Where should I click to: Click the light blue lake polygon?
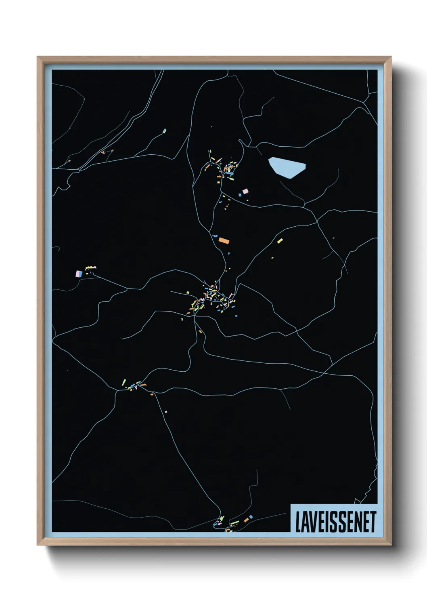286,167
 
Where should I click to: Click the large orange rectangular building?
224,241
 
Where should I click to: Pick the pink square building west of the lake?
245,191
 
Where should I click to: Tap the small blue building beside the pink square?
240,195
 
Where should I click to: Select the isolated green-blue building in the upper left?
164,131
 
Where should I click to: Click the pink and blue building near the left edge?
79,274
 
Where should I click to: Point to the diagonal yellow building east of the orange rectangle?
280,241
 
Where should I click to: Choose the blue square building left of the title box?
251,517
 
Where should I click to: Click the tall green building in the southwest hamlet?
124,382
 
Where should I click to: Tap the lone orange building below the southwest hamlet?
152,394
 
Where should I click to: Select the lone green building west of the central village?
182,319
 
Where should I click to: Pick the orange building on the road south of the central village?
200,332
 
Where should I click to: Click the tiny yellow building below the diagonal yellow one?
272,257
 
